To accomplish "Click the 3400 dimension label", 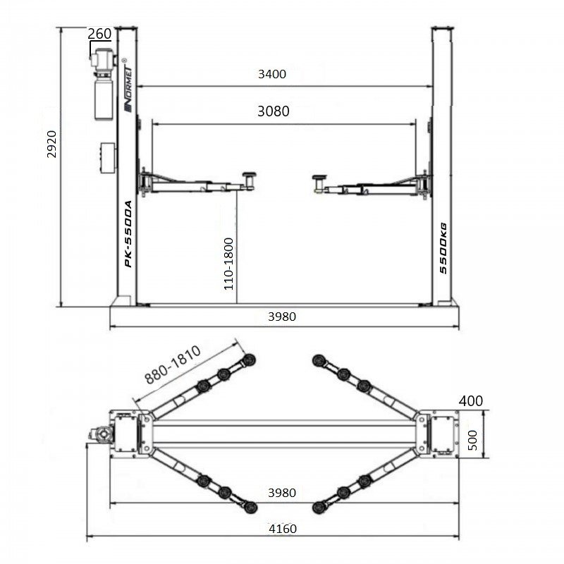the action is click(x=272, y=74).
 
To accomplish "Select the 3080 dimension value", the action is click(x=274, y=111).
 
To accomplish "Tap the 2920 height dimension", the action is click(x=52, y=145).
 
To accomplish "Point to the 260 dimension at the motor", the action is click(x=99, y=34).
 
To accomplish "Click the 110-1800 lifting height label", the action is click(x=228, y=264).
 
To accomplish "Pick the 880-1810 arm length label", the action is click(x=173, y=364).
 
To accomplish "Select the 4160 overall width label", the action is click(x=283, y=529).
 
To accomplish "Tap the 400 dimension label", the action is click(x=471, y=400).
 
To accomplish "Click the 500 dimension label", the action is click(x=472, y=440).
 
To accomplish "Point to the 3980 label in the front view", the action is click(x=282, y=317).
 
